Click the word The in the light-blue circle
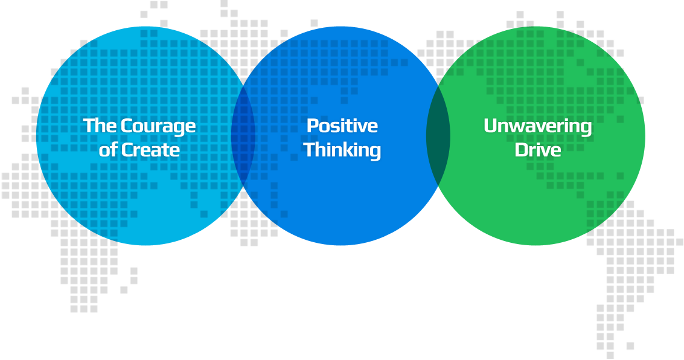click(x=100, y=126)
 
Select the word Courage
click(x=158, y=126)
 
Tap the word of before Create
click(x=107, y=150)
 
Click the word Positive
click(x=342, y=126)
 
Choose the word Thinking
click(x=342, y=150)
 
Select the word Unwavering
click(x=537, y=126)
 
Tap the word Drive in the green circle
click(x=537, y=150)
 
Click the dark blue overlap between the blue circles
click(x=243, y=136)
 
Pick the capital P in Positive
click(x=312, y=126)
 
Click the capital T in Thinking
click(x=310, y=150)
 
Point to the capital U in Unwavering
click(x=490, y=126)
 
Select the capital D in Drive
click(x=520, y=150)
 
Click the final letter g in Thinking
click(x=375, y=151)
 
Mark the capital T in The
click(x=89, y=126)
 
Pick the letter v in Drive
click(x=546, y=151)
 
